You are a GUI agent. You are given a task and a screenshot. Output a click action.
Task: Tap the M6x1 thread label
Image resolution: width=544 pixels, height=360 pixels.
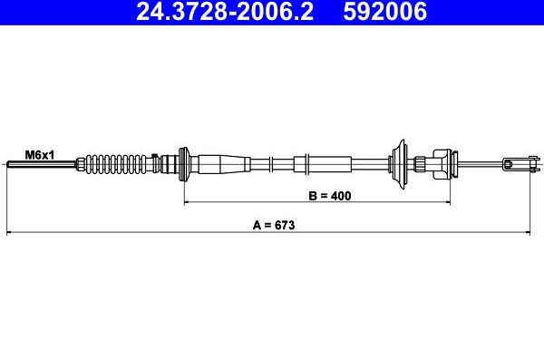[x=40, y=155]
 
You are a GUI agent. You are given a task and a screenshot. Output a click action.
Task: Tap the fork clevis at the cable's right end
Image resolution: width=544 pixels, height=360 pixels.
[x=517, y=164]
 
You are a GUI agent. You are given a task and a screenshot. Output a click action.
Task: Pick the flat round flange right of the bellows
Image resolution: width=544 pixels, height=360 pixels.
[x=185, y=164]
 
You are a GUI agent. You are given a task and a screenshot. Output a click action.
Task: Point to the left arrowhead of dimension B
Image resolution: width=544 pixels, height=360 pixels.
[x=189, y=203]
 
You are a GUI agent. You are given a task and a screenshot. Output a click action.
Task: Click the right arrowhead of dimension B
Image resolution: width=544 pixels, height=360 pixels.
[x=469, y=203]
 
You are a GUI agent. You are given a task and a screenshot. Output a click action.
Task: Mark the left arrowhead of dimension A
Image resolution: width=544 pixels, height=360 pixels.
[x=11, y=233]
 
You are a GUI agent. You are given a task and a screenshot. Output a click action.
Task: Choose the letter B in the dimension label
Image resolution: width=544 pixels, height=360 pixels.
[x=312, y=195]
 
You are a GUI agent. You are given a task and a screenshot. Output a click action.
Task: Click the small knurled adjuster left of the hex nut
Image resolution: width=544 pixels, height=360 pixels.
[x=420, y=164]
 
